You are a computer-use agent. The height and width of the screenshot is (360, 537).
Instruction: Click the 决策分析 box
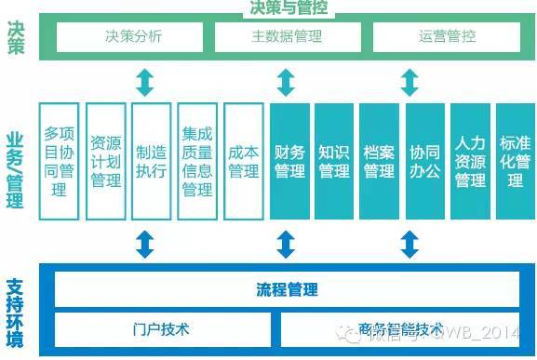pos(133,37)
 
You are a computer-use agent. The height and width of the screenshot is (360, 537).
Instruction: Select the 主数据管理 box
pos(287,37)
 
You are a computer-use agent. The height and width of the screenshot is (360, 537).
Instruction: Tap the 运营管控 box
pos(447,37)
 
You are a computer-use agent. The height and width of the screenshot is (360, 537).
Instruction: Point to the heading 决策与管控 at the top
pos(289,8)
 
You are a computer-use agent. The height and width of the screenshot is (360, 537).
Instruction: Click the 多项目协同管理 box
pos(60,160)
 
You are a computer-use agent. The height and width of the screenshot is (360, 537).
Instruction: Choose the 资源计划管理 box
pos(105,160)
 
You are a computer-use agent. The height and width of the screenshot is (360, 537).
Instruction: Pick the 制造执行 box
pos(151,160)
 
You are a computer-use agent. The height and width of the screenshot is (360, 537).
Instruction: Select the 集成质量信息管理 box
pos(197,160)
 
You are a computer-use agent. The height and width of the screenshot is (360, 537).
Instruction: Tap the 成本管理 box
pos(243,160)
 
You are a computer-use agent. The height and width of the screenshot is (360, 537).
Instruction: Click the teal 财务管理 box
pos(289,160)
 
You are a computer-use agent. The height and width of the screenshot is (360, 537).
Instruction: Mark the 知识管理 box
pos(334,160)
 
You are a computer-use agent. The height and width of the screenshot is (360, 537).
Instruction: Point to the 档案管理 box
pos(380,160)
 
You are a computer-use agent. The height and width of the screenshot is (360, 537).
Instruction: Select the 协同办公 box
pos(424,160)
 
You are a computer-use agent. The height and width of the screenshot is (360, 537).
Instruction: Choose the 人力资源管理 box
pos(470,160)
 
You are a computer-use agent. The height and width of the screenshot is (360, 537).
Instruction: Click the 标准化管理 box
pos(515,160)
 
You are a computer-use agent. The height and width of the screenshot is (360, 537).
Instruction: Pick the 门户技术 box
pos(161,328)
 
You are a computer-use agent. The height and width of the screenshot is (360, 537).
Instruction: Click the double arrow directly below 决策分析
pos(144,82)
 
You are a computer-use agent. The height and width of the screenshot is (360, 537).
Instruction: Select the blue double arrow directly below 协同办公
pos(408,244)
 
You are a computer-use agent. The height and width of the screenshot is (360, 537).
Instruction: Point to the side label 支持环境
pos(15,315)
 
